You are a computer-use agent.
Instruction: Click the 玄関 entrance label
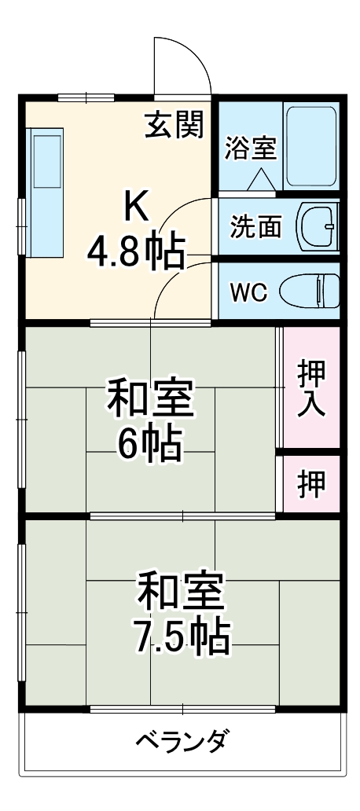tap(174, 123)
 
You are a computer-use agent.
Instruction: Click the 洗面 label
tap(255, 226)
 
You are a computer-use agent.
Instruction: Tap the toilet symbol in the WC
tap(310, 290)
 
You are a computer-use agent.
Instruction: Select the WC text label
tap(248, 291)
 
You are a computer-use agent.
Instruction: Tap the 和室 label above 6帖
tap(149, 401)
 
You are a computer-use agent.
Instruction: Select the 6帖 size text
tap(149, 446)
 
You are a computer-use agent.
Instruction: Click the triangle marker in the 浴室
tap(260, 180)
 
